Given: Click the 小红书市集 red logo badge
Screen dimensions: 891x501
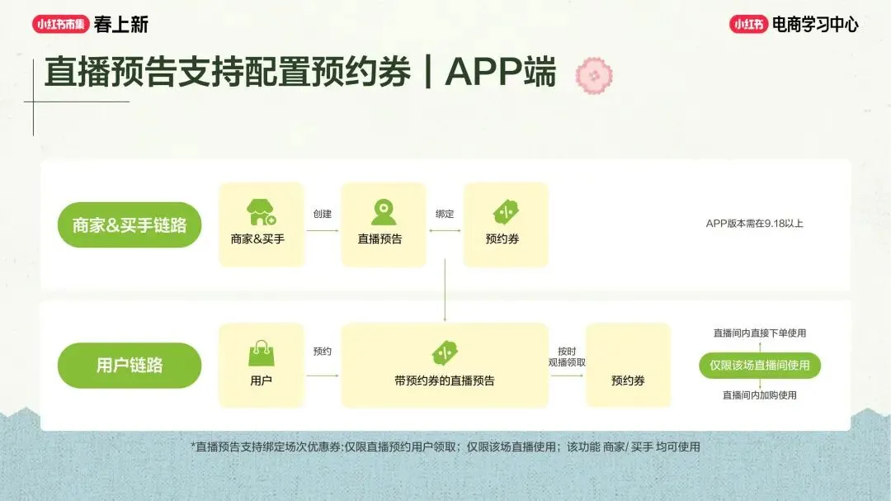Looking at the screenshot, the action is tap(60, 25).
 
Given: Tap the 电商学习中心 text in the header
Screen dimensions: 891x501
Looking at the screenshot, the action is tap(814, 25).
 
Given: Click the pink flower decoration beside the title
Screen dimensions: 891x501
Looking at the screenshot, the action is tap(593, 75).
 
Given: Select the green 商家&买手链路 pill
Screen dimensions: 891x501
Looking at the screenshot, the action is tap(130, 225).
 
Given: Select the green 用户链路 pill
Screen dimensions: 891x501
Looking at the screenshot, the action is tap(130, 365).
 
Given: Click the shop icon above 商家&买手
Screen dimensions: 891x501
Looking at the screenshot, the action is tap(262, 212).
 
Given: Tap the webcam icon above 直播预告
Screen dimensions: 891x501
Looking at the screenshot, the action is tap(384, 212).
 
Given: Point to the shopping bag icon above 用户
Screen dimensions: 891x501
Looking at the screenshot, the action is tap(261, 353).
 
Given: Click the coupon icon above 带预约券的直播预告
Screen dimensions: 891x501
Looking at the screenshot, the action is tap(445, 353).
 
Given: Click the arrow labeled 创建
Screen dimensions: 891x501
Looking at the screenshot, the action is tap(323, 230).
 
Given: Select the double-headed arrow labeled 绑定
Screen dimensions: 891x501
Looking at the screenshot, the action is tap(445, 230).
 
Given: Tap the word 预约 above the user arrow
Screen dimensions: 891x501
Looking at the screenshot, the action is tap(322, 351).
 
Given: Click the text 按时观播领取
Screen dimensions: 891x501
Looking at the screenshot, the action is tap(567, 357).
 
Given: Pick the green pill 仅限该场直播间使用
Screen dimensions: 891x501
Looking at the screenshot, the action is tap(760, 365).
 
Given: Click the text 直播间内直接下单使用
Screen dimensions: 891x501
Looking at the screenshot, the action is tap(760, 333).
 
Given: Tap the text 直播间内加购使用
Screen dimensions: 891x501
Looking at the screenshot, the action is tap(760, 395).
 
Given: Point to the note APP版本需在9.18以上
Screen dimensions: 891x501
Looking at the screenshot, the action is tap(754, 224).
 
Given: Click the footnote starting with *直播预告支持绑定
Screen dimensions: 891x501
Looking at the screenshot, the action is tap(445, 447).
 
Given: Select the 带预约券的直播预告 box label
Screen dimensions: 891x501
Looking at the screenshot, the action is tap(445, 380).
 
